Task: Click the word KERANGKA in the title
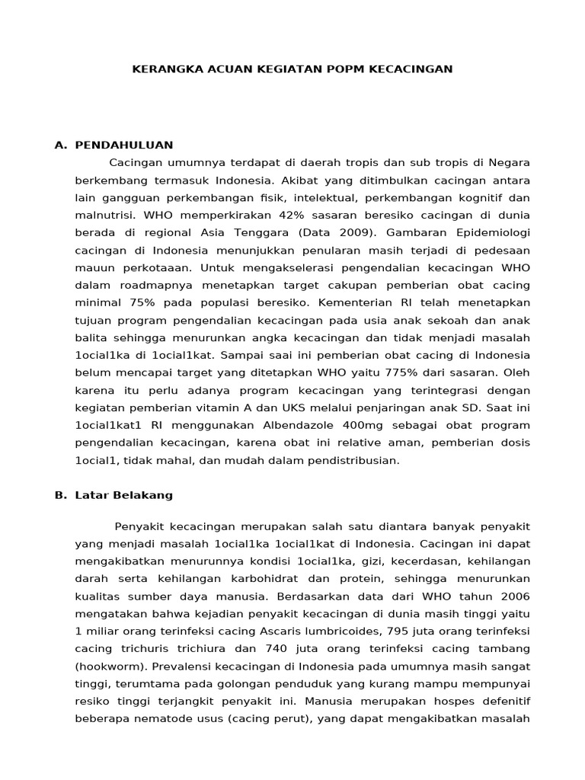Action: pos(162,69)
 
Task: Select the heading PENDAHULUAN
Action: pos(124,145)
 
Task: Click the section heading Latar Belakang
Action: pos(124,495)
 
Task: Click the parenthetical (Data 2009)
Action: pos(337,232)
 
